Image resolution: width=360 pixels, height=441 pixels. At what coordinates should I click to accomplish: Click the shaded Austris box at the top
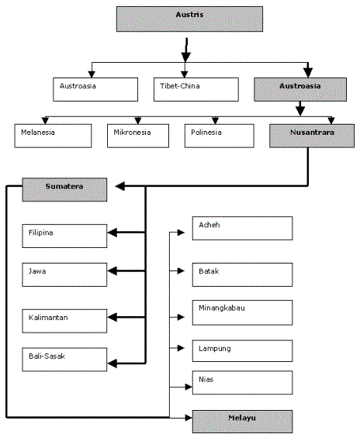click(189, 19)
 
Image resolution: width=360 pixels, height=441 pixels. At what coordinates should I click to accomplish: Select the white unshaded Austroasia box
click(95, 89)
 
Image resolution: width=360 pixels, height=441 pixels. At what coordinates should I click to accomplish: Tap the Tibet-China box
click(196, 89)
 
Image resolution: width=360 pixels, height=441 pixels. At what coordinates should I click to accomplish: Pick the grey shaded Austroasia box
click(300, 89)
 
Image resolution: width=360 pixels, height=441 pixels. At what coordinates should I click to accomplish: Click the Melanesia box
click(53, 136)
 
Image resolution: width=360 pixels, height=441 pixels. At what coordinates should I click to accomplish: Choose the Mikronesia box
click(138, 136)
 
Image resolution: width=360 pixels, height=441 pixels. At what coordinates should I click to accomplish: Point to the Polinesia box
click(220, 136)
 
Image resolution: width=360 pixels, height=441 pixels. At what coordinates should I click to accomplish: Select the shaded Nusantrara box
click(312, 136)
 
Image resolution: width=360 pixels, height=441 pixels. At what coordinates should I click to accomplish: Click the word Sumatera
click(64, 186)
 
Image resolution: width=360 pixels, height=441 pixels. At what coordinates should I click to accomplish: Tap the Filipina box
click(64, 236)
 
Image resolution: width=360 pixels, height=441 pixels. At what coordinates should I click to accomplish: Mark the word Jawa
click(37, 271)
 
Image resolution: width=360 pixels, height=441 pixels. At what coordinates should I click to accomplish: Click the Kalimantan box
click(64, 321)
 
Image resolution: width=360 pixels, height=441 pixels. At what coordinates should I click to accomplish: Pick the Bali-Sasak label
click(47, 356)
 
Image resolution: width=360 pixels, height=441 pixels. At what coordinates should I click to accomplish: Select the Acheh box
click(242, 229)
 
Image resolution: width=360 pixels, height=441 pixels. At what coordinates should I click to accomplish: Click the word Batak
click(209, 271)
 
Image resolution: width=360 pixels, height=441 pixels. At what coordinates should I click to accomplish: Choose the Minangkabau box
click(242, 313)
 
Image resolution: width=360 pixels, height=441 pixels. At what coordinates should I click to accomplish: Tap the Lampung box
click(242, 351)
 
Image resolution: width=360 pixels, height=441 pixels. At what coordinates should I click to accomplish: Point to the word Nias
click(206, 380)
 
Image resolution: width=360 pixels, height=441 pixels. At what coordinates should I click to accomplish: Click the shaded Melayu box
click(242, 422)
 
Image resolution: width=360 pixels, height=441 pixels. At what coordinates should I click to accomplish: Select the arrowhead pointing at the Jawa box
click(112, 271)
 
